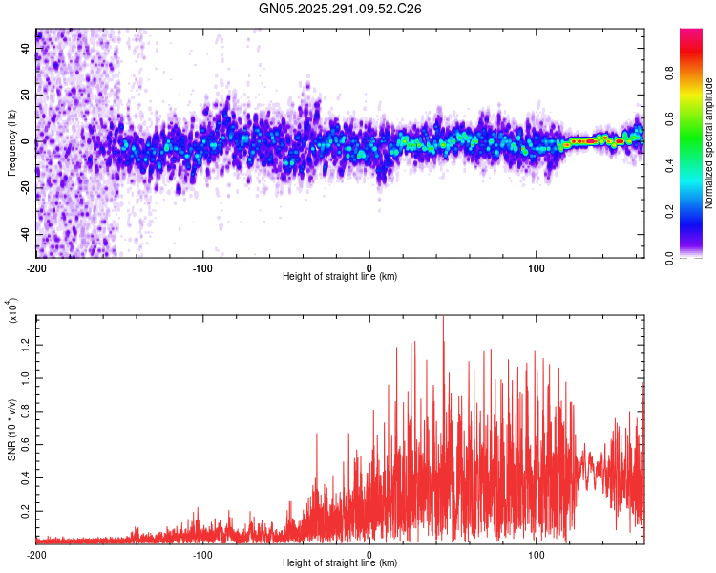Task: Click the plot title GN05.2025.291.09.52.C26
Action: pos(340,9)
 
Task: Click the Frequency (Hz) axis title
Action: pos(11,144)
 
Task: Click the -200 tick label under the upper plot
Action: pos(36,266)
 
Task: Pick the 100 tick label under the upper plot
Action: pos(537,266)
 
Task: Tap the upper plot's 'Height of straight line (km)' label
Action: pos(340,276)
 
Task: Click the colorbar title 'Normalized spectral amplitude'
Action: pos(709,143)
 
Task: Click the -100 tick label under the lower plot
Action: pos(202,554)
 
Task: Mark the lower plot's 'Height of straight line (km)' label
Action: pos(340,563)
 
